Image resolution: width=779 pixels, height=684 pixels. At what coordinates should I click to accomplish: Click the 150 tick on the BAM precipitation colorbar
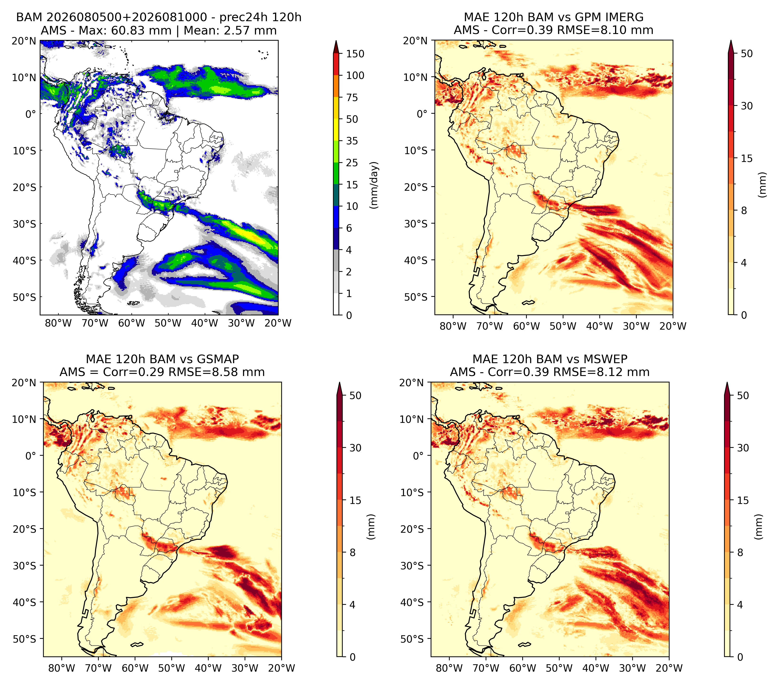(355, 54)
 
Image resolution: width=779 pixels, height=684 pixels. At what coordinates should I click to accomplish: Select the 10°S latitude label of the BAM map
(25, 151)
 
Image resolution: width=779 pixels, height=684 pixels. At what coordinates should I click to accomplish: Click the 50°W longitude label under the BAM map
(168, 323)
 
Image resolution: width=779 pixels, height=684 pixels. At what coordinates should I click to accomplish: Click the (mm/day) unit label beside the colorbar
(375, 185)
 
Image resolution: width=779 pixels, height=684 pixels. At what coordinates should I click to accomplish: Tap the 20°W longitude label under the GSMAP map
(282, 668)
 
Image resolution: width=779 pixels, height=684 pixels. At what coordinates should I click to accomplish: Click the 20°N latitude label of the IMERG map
(416, 41)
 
